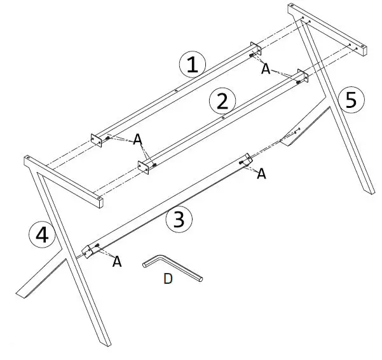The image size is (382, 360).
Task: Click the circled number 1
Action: click(x=193, y=65)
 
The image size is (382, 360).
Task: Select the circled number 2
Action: click(x=222, y=101)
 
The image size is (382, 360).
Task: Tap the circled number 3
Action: click(x=179, y=220)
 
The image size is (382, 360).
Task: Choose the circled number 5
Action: click(x=351, y=100)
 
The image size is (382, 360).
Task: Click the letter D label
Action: click(x=168, y=279)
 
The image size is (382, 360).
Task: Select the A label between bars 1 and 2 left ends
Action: click(x=137, y=140)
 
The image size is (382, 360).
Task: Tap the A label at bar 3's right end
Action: click(x=261, y=173)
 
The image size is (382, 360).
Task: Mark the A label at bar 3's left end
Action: click(x=116, y=261)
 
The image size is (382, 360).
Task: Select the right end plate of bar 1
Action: click(x=256, y=50)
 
